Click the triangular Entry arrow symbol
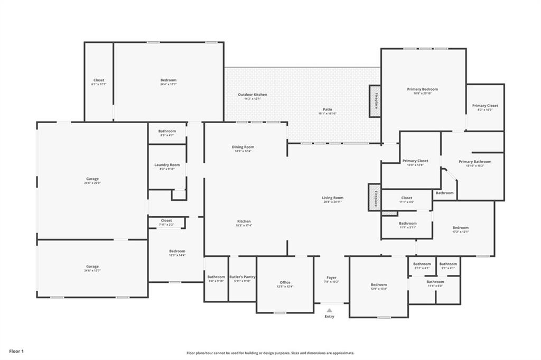pyautogui.click(x=329, y=310)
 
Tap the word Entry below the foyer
pyautogui.click(x=329, y=317)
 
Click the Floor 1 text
pyautogui.click(x=16, y=351)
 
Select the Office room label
pyautogui.click(x=285, y=282)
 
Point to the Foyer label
pyautogui.click(x=331, y=278)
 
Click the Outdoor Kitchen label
pyautogui.click(x=252, y=95)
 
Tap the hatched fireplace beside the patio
pyautogui.click(x=375, y=101)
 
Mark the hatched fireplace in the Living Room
pyautogui.click(x=375, y=198)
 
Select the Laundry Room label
pyautogui.click(x=167, y=165)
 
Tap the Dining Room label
pyautogui.click(x=243, y=147)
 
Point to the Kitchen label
pyautogui.click(x=244, y=221)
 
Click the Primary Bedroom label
pyautogui.click(x=422, y=89)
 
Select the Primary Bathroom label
pyautogui.click(x=474, y=162)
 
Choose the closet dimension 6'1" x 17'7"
pyautogui.click(x=99, y=85)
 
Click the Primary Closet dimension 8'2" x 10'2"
pyautogui.click(x=484, y=110)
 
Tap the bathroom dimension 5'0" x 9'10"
pyautogui.click(x=216, y=281)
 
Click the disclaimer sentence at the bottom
pyautogui.click(x=270, y=353)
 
